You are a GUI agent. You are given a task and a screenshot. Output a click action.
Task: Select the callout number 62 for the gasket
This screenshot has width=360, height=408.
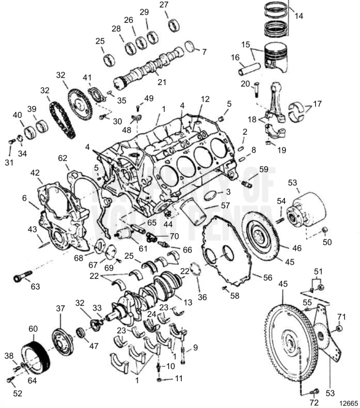(x=62, y=157)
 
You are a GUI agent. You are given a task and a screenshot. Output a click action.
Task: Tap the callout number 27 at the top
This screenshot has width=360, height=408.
(x=164, y=5)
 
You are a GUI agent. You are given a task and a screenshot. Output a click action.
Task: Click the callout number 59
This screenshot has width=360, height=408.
(x=263, y=170)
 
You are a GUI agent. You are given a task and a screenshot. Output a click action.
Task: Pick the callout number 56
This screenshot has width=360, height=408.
(x=267, y=278)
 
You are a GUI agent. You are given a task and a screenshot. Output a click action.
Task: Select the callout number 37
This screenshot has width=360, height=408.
(x=60, y=308)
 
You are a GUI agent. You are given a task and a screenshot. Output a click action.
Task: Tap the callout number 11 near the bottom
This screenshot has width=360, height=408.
(x=178, y=379)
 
